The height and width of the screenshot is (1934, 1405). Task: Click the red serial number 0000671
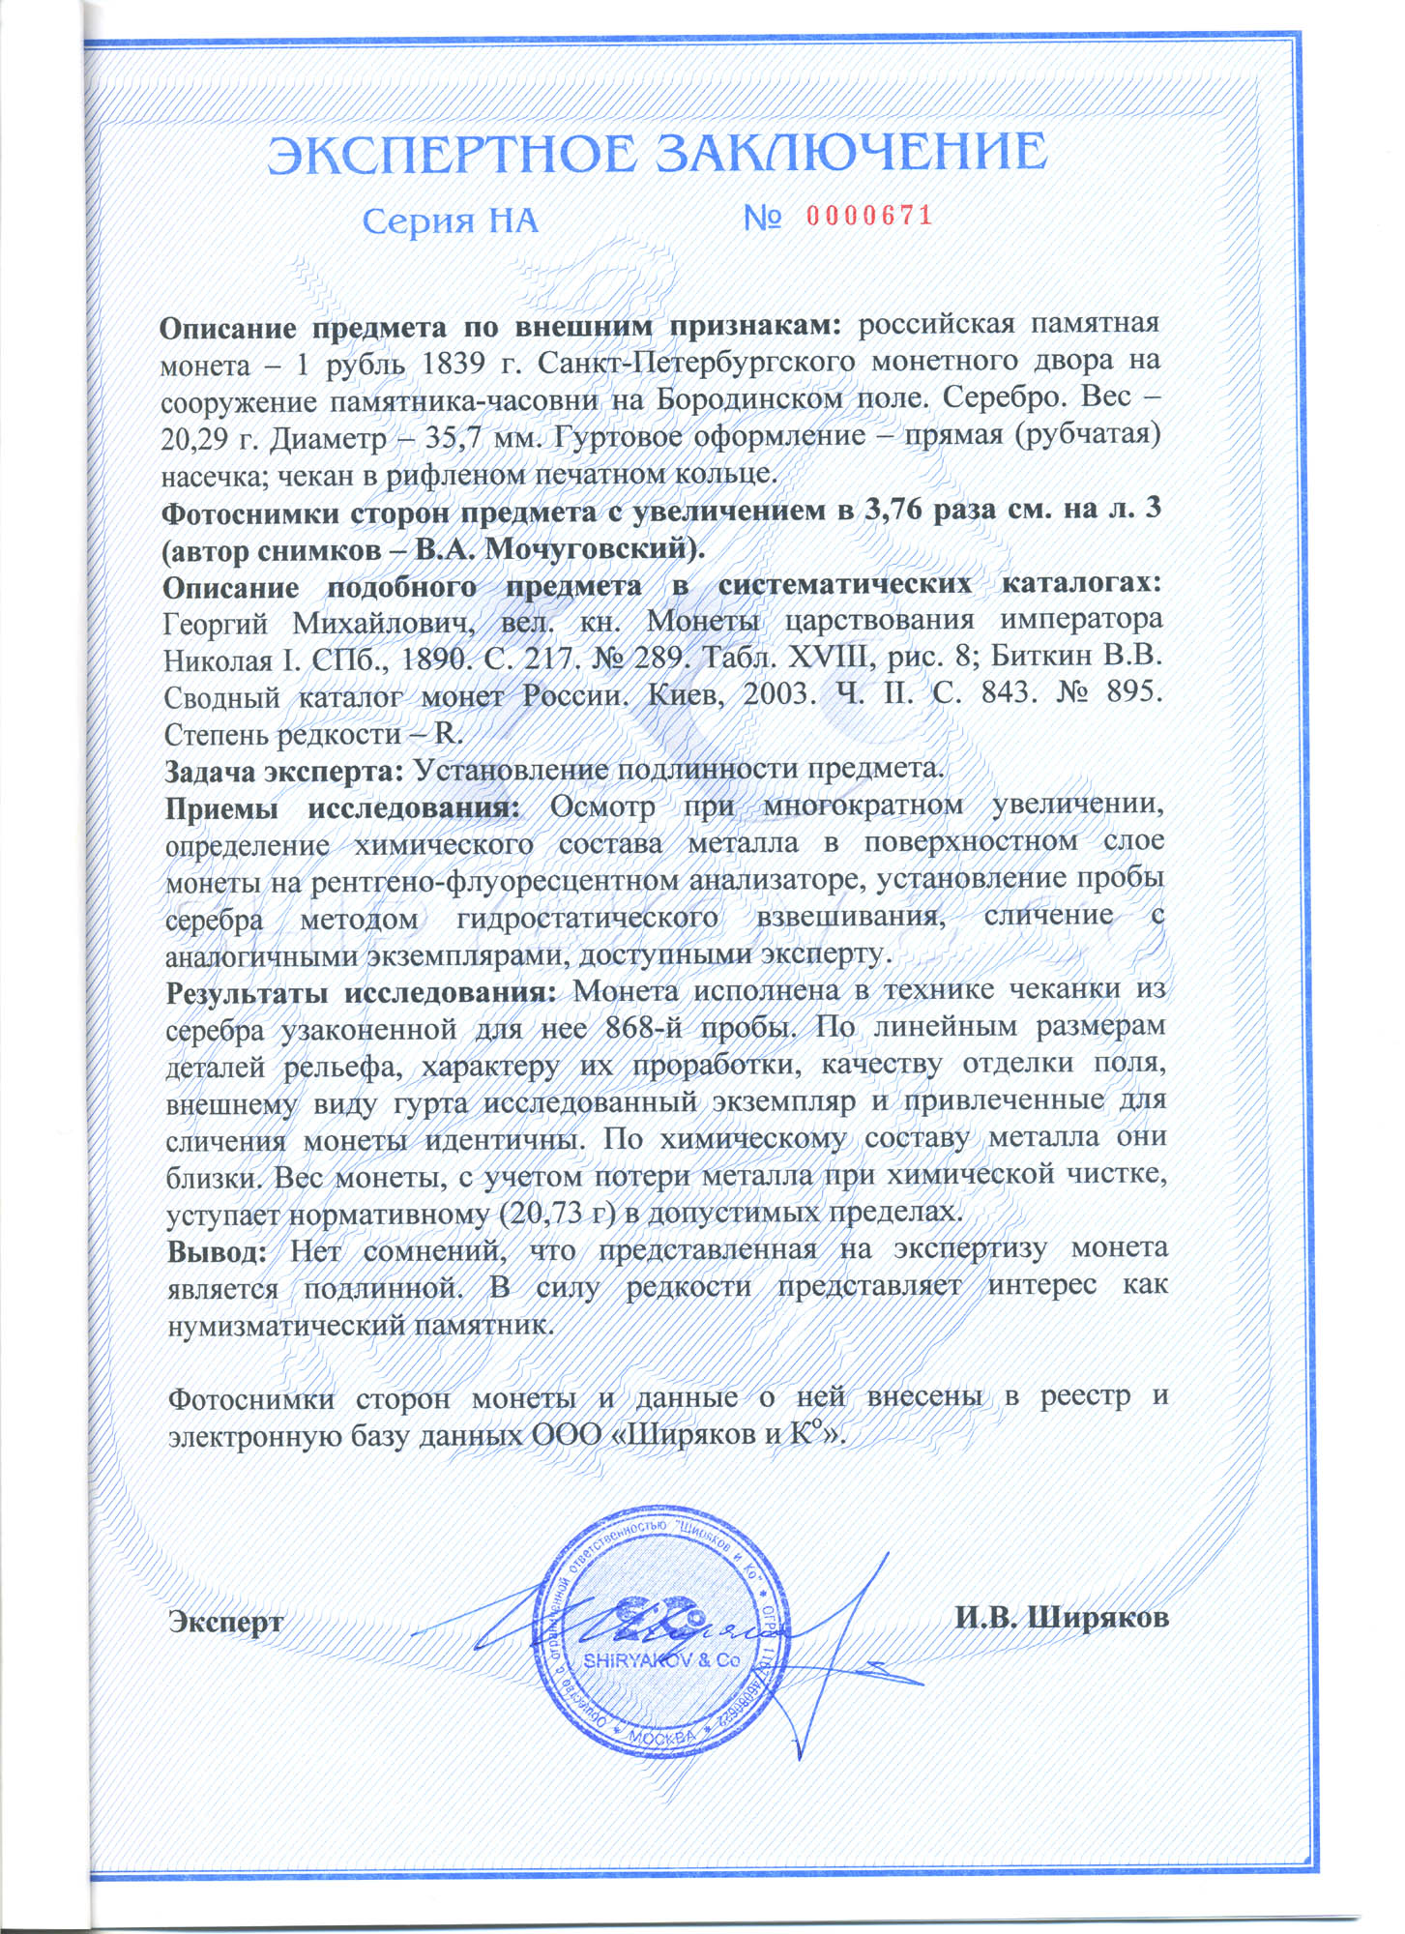point(869,216)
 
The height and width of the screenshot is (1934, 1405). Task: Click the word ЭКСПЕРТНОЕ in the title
point(454,155)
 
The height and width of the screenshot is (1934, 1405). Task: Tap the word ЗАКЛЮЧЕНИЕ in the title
point(852,153)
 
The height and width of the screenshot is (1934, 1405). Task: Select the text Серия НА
point(450,221)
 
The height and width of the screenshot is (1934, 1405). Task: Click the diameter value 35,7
point(459,439)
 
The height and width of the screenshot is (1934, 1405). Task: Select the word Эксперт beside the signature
point(226,1621)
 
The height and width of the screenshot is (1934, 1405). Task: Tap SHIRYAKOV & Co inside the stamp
point(661,1660)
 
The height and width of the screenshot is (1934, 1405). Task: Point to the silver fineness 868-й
point(645,1027)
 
